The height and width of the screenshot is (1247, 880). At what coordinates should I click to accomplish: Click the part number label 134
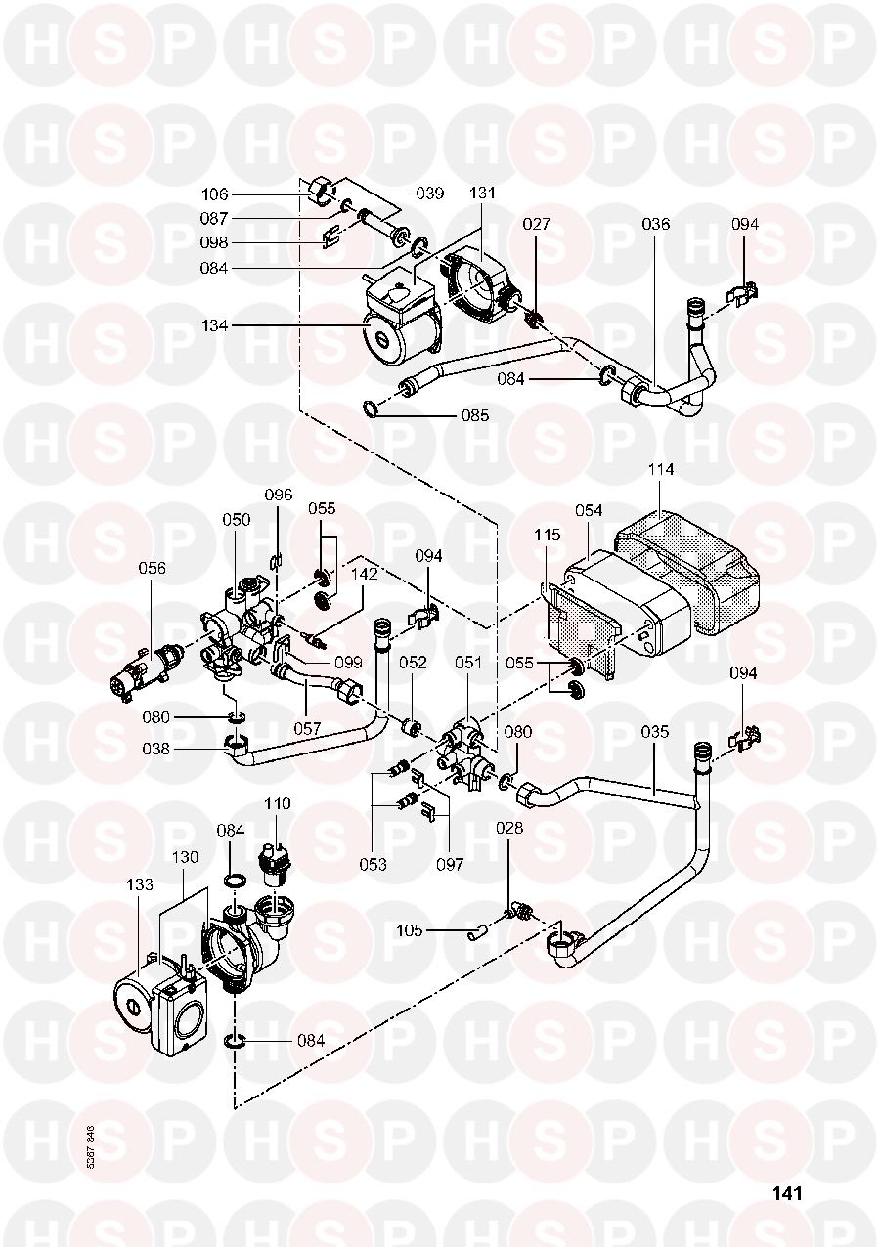pos(215,324)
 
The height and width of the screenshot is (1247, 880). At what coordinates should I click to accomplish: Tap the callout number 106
pos(215,194)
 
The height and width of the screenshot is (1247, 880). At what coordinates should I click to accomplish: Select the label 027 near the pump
pos(536,224)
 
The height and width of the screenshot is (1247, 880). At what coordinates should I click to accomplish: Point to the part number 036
pos(655,224)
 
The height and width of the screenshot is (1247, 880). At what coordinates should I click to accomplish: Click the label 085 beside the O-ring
pos(475,415)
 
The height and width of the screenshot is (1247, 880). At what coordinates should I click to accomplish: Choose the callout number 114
pos(661,470)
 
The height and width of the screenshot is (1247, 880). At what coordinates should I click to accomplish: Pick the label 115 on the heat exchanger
pos(548,537)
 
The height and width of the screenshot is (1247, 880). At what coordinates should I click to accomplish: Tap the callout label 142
pos(365,574)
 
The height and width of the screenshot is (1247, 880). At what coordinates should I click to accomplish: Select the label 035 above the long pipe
pos(654,731)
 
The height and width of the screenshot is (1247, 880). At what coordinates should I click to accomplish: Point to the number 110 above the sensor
pos(278,803)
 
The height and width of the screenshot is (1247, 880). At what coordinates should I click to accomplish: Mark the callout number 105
pos(411,930)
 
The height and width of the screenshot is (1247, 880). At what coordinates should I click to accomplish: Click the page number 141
pos(787,1193)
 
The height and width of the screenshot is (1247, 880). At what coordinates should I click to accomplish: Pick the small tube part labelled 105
pos(477,932)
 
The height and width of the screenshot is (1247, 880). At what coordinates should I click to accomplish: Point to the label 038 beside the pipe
pos(157,751)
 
